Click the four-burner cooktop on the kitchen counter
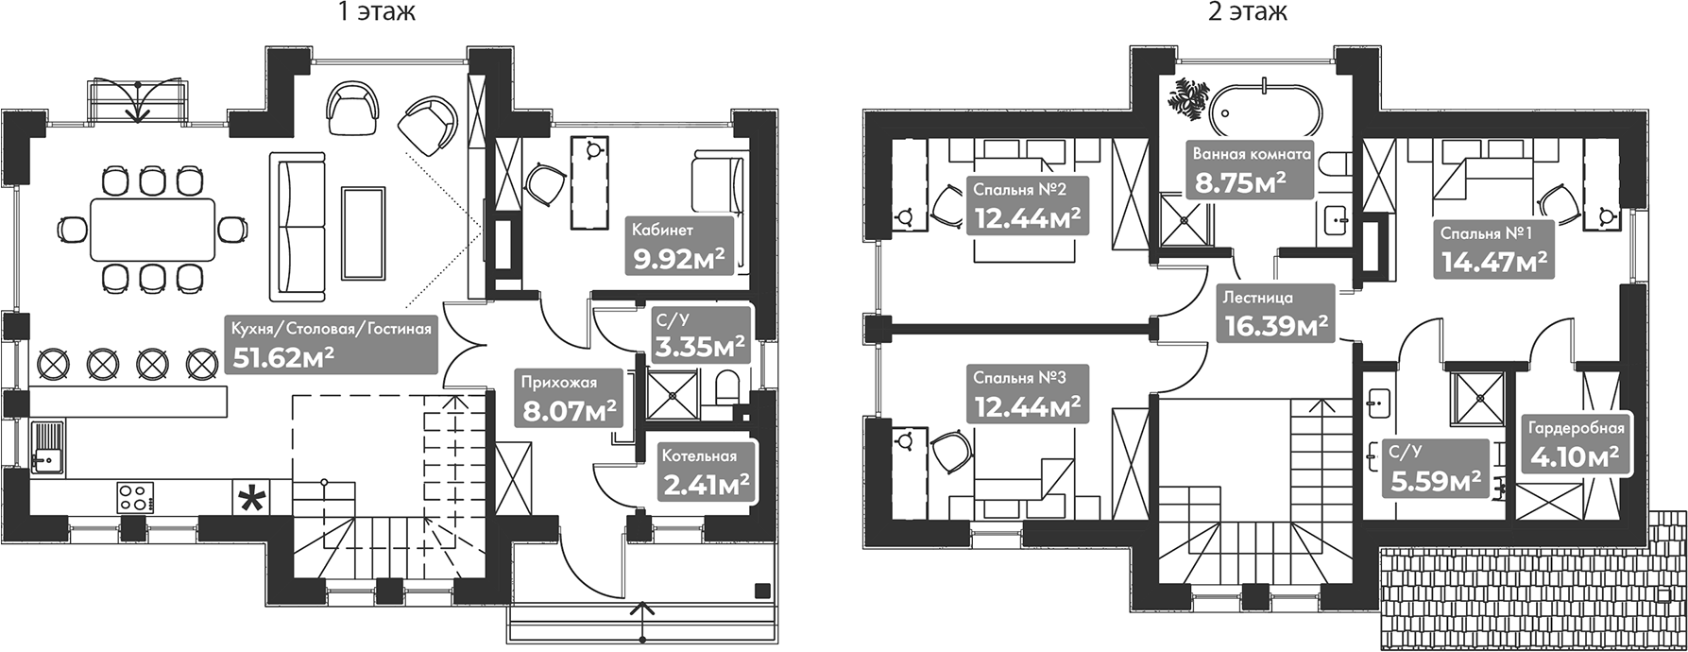coord(135,496)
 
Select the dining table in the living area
coord(151,230)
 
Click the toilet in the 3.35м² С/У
coord(728,388)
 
